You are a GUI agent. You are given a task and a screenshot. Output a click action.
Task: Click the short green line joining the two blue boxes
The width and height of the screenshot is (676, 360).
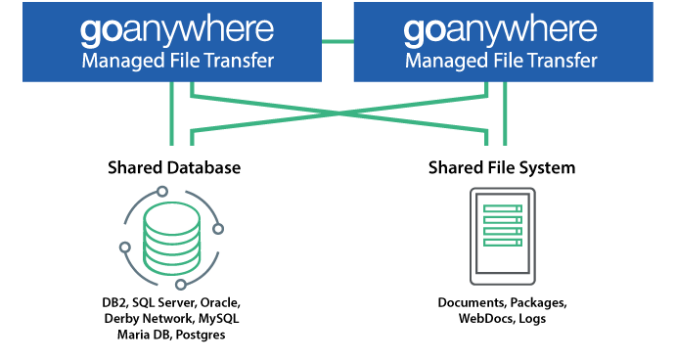pos(338,41)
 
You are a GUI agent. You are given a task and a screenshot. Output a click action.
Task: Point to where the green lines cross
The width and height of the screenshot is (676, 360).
pos(338,113)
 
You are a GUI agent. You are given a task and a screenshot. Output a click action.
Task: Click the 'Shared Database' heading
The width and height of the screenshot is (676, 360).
pos(174,168)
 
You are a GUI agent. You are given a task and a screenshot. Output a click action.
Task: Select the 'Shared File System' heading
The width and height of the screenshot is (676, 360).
pos(501,168)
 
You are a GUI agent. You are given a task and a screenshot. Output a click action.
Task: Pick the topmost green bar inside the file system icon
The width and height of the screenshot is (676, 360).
pos(502,208)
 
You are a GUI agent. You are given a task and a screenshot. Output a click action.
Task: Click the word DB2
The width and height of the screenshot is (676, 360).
pos(120,303)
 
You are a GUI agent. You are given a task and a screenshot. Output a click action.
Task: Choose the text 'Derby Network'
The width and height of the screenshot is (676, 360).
pos(149,319)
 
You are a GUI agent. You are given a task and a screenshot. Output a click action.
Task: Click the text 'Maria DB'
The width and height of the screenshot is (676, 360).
pos(141,335)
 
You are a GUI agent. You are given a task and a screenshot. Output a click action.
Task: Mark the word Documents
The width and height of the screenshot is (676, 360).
pos(470,303)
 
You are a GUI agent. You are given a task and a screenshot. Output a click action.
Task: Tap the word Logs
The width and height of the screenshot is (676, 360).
pos(533,319)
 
